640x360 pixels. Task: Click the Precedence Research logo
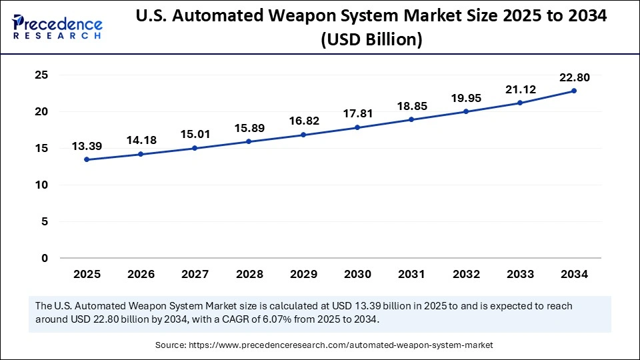57,27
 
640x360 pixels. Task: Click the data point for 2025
87,160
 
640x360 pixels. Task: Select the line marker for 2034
574,91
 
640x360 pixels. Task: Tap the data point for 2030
357,127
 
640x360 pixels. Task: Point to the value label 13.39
87,146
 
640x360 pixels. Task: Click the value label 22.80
574,77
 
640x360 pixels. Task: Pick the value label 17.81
357,113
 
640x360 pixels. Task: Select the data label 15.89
249,127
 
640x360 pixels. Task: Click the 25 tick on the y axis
41,75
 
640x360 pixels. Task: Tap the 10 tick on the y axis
41,185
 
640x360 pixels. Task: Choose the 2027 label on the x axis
195,274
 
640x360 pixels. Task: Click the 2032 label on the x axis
465,274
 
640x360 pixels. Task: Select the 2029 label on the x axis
303,274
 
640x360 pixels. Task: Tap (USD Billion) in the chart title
371,40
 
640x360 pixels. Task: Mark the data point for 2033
520,103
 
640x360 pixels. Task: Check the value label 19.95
465,98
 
